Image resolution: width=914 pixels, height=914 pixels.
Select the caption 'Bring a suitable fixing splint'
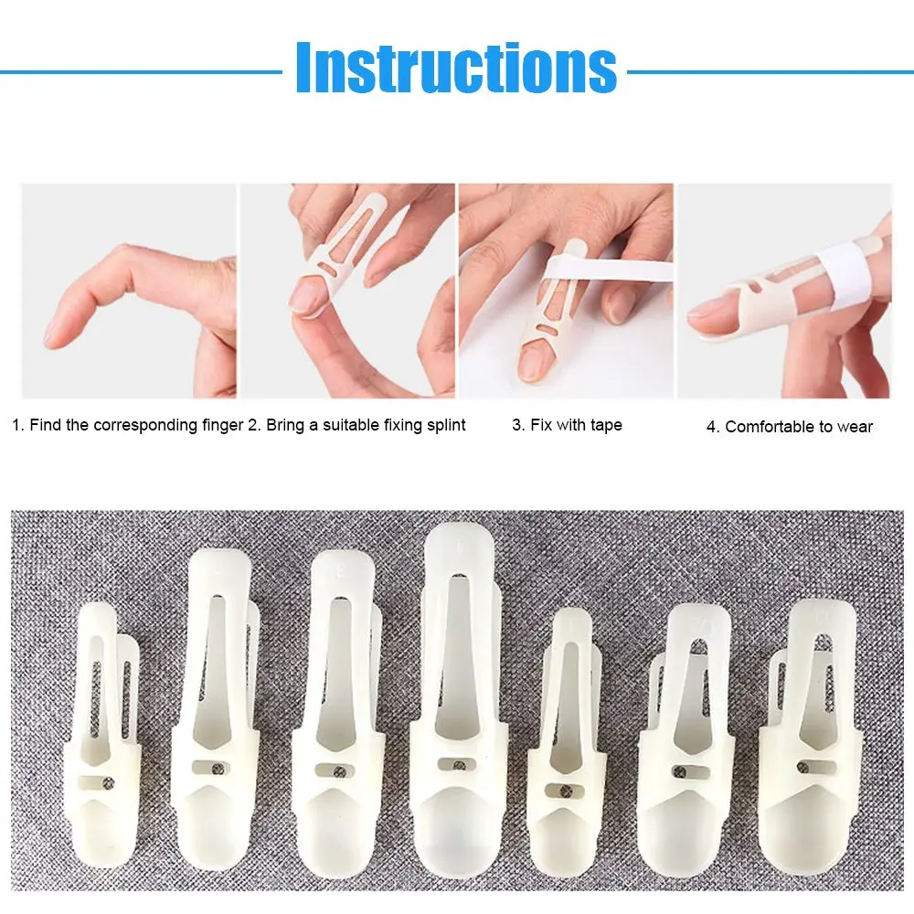pos(357,425)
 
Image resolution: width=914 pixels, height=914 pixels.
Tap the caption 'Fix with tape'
pos(567,425)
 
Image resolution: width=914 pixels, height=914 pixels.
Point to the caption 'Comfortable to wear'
pos(790,426)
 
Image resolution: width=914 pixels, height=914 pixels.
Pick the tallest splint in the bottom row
pos(460,713)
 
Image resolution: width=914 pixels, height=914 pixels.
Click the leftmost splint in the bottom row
pos(102,740)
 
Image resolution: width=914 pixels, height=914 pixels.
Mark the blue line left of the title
pos(137,70)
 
